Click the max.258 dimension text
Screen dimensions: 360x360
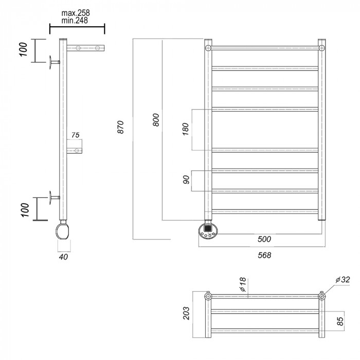pos(76,13)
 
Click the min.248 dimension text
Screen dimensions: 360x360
pos(75,21)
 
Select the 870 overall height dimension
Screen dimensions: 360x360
pos(120,127)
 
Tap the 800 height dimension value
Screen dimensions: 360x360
pos(156,120)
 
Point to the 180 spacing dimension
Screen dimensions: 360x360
pos(186,129)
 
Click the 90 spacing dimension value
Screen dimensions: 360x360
pos(186,179)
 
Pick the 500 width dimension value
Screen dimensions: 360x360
pos(264,239)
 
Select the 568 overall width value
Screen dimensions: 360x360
pos(264,255)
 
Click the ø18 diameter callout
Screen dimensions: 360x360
pos(243,284)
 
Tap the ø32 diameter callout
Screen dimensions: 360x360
pos(343,280)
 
